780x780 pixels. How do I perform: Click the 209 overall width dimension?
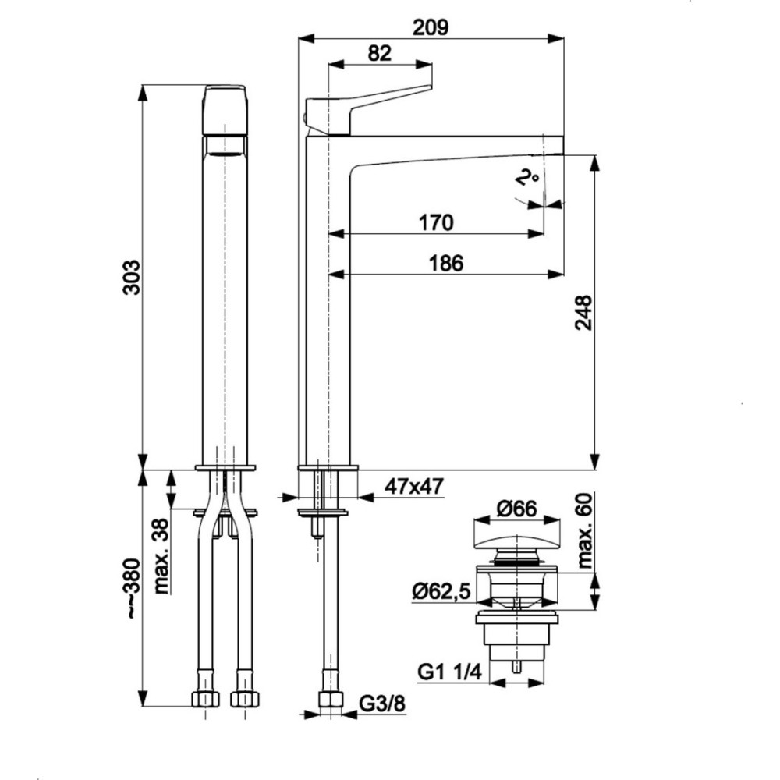tap(431, 27)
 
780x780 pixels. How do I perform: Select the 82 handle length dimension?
tap(380, 53)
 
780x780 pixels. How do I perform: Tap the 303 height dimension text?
tap(132, 277)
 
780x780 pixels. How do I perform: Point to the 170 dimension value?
tap(436, 222)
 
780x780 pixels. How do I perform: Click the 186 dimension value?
tap(445, 263)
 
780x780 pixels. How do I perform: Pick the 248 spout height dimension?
tap(583, 313)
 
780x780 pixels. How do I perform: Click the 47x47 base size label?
tap(414, 487)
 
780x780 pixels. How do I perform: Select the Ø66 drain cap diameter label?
tap(517, 509)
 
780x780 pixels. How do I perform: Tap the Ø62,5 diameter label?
tap(441, 591)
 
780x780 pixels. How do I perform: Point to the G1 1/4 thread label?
tap(450, 672)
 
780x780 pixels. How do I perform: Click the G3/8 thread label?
tap(382, 704)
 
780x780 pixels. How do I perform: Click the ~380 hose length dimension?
tap(133, 588)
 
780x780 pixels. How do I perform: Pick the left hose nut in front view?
tap(205, 698)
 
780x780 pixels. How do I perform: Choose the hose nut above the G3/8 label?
tap(331, 699)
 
